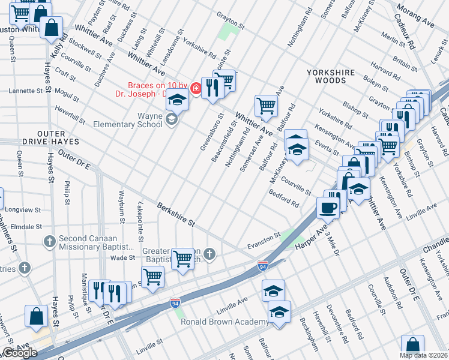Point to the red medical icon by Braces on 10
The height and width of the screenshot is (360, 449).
[195, 89]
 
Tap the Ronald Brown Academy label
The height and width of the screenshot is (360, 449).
[224, 322]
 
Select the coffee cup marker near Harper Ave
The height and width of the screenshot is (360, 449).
[328, 208]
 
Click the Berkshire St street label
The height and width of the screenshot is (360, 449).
[176, 214]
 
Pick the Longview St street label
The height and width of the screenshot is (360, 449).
[22, 211]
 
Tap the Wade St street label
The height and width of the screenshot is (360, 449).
[123, 257]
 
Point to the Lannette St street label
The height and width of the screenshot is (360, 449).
[26, 91]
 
